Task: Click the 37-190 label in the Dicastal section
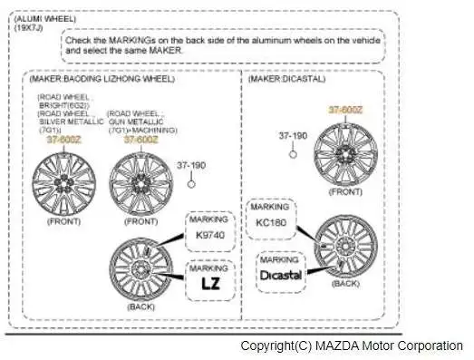tap(293, 136)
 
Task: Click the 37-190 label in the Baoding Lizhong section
tap(191, 166)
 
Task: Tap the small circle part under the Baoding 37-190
tap(191, 182)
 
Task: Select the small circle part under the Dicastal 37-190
tap(293, 152)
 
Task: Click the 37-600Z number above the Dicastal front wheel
tap(345, 110)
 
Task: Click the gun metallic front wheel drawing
tap(140, 180)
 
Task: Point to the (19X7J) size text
tap(28, 27)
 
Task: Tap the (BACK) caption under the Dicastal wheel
tap(345, 284)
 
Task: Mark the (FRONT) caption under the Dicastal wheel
tap(346, 191)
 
